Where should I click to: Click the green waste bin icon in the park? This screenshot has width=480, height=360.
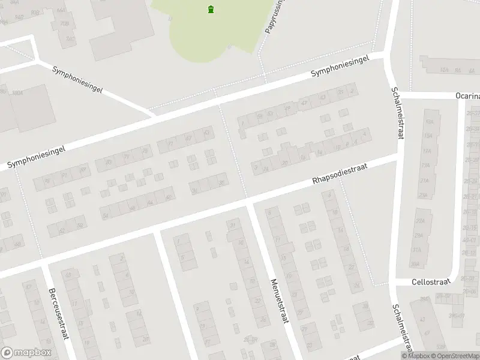[x=211, y=9]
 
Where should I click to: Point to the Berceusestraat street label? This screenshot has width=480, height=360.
[x=58, y=312]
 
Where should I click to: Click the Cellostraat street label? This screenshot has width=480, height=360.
[x=430, y=281]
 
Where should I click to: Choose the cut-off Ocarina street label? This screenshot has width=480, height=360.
[x=467, y=96]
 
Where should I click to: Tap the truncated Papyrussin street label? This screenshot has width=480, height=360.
[x=274, y=16]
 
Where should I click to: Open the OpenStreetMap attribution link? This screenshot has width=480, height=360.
[x=457, y=356]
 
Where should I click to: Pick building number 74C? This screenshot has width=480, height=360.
[x=71, y=40]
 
